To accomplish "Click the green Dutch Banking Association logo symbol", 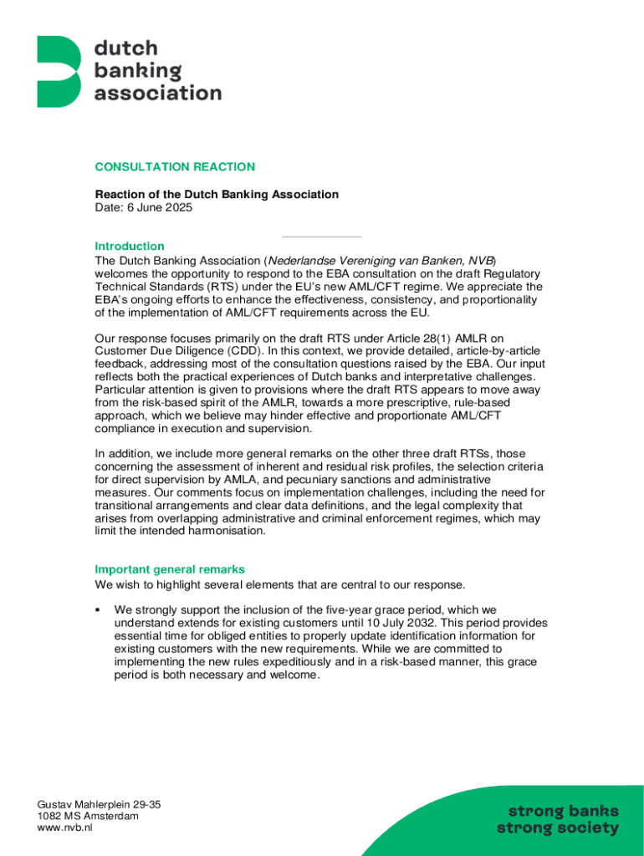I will tap(59, 71).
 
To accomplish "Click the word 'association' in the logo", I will tap(158, 93).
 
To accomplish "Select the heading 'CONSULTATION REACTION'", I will tap(175, 167).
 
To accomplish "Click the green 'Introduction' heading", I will tap(130, 246).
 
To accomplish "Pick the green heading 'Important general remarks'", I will tap(170, 569).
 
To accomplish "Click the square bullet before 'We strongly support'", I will tap(98, 609).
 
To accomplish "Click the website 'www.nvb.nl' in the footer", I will tap(64, 828).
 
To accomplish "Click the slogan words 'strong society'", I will tap(558, 828).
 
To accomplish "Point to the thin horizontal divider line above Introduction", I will tap(322, 237).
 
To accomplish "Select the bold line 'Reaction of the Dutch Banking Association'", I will tap(217, 194).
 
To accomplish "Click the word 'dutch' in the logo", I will tap(125, 48).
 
